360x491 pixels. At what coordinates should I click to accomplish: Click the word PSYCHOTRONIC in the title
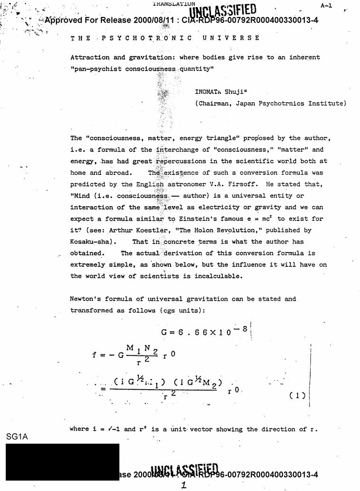tap(147, 38)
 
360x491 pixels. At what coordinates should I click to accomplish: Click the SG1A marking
tap(18, 436)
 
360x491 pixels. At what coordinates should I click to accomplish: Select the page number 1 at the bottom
tap(184, 485)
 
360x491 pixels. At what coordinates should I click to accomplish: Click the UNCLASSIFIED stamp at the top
tap(223, 10)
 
